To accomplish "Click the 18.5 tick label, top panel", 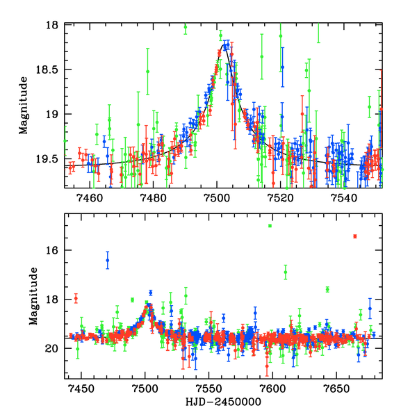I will tap(50, 69).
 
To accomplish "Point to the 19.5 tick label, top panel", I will tap(50, 159).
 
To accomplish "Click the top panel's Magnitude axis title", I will tap(24, 106).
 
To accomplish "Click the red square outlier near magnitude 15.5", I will tap(354, 236).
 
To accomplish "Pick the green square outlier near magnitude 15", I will tap(270, 226).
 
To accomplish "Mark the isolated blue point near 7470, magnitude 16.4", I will tap(107, 261).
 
